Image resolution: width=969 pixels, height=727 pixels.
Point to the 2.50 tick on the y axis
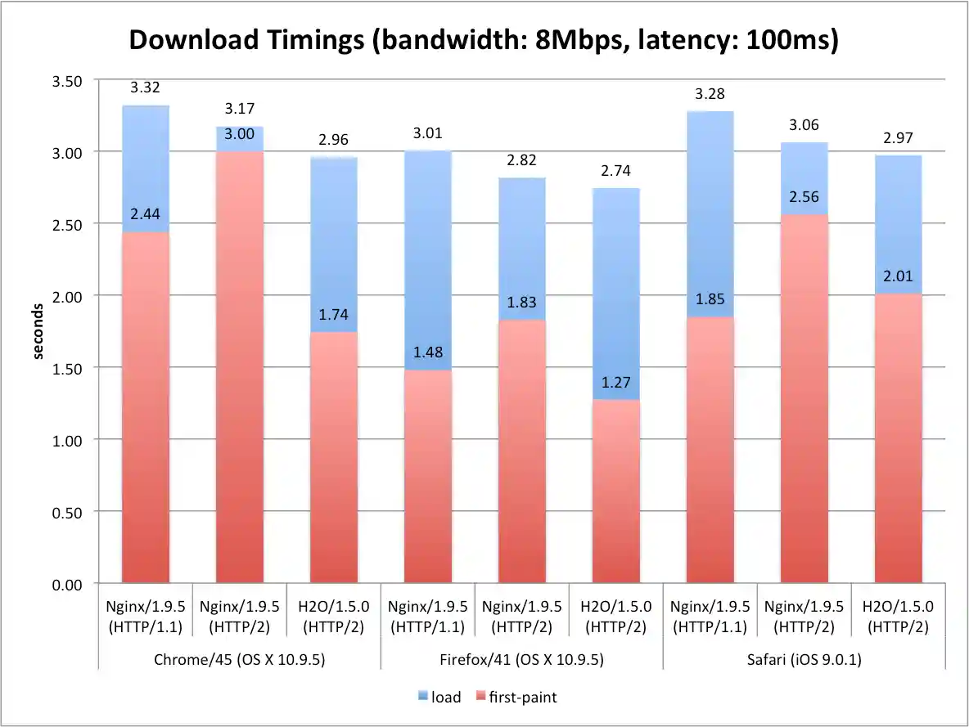pyautogui.click(x=68, y=223)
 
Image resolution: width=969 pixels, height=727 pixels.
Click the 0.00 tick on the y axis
pyautogui.click(x=68, y=584)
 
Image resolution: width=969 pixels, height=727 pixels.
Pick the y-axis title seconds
pyautogui.click(x=38, y=331)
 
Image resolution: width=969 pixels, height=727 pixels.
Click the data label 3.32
pyautogui.click(x=145, y=87)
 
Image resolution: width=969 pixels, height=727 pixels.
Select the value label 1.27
pyautogui.click(x=615, y=382)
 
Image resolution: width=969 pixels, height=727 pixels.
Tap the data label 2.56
pyautogui.click(x=804, y=197)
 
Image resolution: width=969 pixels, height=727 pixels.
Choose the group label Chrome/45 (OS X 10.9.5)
pyautogui.click(x=239, y=659)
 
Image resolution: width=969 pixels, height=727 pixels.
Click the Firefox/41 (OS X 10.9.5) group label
pyautogui.click(x=521, y=659)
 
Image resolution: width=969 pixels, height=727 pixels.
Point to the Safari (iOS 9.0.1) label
pyautogui.click(x=804, y=659)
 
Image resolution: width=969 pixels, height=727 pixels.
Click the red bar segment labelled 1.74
pyautogui.click(x=333, y=458)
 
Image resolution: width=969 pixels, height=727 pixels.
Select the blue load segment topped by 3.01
pyautogui.click(x=427, y=262)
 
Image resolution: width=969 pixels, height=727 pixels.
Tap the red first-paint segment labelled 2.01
pyautogui.click(x=898, y=442)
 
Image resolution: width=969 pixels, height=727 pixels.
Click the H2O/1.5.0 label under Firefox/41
pyautogui.click(x=615, y=617)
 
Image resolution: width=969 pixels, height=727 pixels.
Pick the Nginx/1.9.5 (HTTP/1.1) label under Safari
pyautogui.click(x=710, y=617)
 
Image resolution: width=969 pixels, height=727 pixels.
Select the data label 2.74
pyautogui.click(x=615, y=171)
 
